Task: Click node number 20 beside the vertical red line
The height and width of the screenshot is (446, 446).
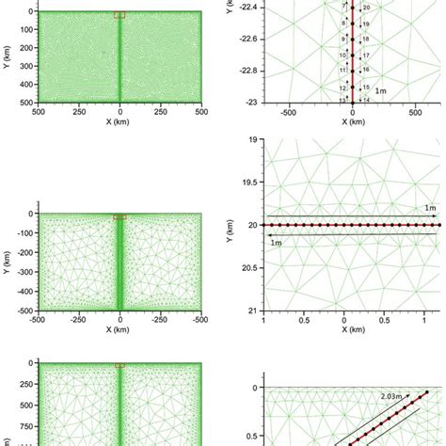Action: tap(366, 8)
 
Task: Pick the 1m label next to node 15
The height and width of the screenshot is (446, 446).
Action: tap(378, 90)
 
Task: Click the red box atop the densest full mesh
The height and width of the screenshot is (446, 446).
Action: tap(119, 14)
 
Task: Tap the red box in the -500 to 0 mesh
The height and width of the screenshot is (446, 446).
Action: tap(119, 217)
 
